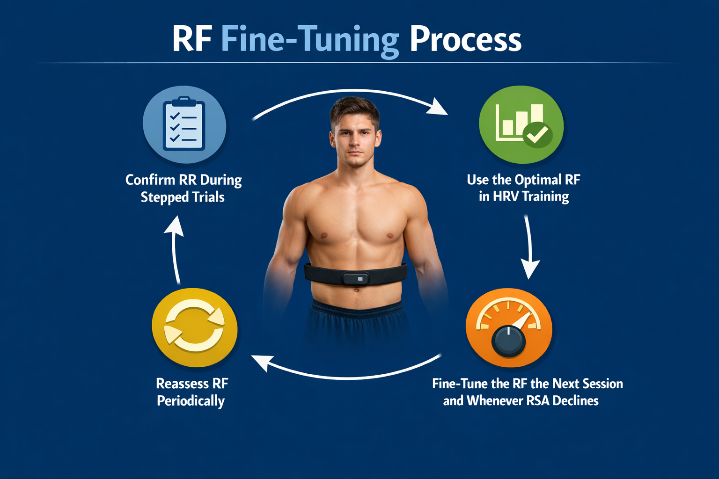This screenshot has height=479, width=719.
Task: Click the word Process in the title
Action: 465,39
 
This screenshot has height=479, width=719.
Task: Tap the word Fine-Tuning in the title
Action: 310,40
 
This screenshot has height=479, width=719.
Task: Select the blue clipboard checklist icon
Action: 184,124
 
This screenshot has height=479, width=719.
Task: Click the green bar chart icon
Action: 521,124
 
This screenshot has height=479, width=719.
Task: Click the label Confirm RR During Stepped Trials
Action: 183,188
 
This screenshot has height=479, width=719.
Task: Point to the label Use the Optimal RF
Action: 523,180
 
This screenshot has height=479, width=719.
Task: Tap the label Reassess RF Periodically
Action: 191,392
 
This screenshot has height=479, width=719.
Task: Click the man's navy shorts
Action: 356,323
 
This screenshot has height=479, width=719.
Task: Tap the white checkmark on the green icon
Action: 537,134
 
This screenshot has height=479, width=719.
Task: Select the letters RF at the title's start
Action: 192,39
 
